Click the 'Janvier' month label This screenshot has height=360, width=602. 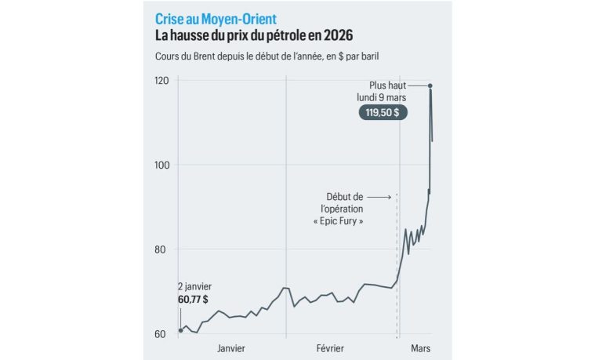tap(232, 347)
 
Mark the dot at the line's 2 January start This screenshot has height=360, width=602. tap(180, 330)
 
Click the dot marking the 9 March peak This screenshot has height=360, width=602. tap(430, 85)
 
